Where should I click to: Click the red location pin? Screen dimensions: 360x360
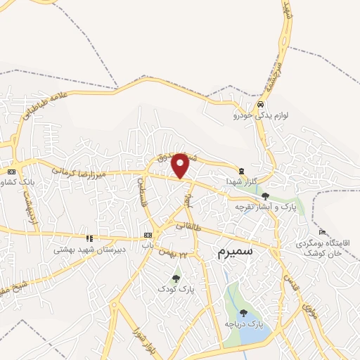click(x=181, y=165)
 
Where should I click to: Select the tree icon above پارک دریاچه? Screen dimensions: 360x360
click(x=243, y=314)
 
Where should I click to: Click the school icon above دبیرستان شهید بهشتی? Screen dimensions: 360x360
click(x=89, y=238)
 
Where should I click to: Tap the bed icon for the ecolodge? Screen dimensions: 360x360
click(x=322, y=232)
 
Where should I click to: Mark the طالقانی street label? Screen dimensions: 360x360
click(x=188, y=226)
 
